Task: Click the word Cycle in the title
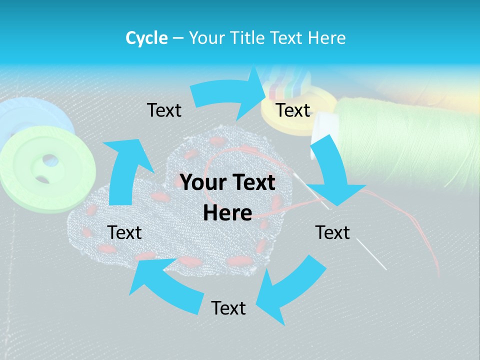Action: [146, 38]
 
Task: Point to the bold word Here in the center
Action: [227, 213]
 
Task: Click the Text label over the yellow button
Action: [293, 110]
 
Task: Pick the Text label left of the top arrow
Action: [164, 110]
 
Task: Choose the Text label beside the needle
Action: [332, 232]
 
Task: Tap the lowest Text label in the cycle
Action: [228, 308]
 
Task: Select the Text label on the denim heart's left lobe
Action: [124, 232]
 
